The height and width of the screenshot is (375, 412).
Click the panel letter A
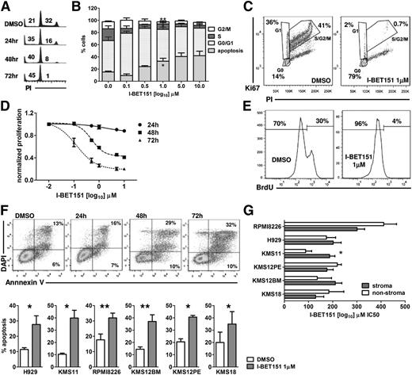point(6,7)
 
